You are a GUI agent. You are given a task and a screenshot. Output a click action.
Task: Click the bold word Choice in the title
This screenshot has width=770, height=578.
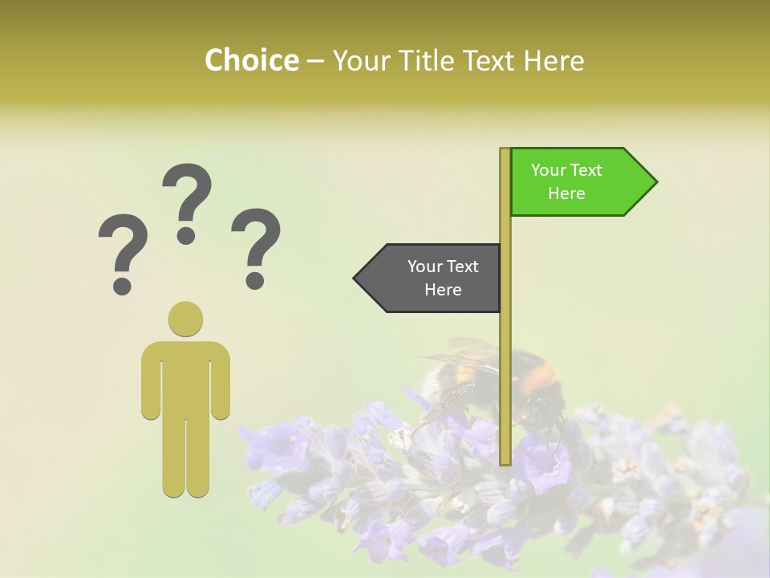(x=251, y=60)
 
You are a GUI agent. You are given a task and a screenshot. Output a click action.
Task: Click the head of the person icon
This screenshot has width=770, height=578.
(x=185, y=319)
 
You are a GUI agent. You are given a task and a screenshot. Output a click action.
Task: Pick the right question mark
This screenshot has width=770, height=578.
(x=256, y=247)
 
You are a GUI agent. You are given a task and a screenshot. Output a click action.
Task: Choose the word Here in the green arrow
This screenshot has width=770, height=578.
(x=566, y=193)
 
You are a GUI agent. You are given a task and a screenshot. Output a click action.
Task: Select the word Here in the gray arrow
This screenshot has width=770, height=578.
(x=443, y=290)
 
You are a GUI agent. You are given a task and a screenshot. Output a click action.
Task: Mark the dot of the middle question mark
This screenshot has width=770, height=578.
(x=186, y=235)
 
